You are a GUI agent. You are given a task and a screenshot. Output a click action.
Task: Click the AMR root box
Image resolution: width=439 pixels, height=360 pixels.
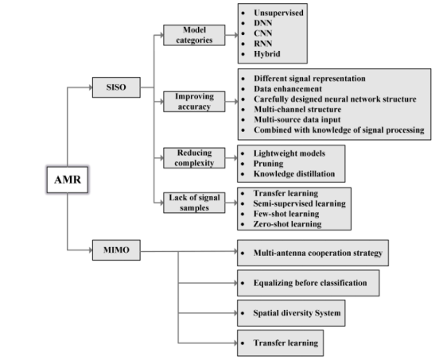pyautogui.click(x=68, y=180)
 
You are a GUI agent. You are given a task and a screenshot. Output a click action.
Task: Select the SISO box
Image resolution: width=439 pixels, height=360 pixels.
pyautogui.click(x=116, y=87)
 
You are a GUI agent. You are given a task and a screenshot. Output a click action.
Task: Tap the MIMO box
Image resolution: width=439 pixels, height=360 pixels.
pyautogui.click(x=116, y=250)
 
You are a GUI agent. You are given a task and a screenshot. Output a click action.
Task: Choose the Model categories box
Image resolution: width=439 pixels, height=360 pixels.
pyautogui.click(x=194, y=35)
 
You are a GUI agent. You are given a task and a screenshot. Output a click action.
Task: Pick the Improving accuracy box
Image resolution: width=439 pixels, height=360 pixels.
pyautogui.click(x=194, y=101)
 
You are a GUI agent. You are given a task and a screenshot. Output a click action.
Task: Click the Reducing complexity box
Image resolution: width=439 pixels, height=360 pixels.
pyautogui.click(x=194, y=158)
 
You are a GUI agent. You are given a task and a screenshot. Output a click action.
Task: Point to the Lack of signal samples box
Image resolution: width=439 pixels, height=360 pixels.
pyautogui.click(x=194, y=203)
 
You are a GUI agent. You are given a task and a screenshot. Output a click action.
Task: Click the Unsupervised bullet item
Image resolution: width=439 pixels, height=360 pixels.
pyautogui.click(x=278, y=13)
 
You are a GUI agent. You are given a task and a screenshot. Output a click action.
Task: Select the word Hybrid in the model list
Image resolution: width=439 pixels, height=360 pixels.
pyautogui.click(x=266, y=54)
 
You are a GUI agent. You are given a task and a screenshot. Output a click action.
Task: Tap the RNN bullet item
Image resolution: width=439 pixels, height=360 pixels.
pyautogui.click(x=263, y=44)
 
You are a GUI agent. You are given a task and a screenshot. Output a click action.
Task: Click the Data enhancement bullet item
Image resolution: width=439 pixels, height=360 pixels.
pyautogui.click(x=288, y=89)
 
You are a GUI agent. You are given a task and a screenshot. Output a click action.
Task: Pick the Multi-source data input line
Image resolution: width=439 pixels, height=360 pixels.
pyautogui.click(x=297, y=120)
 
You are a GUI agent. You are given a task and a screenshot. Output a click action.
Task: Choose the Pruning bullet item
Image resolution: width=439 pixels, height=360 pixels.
pyautogui.click(x=268, y=164)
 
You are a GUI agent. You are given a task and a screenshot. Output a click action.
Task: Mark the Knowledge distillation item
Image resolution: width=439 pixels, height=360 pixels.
pyautogui.click(x=294, y=174)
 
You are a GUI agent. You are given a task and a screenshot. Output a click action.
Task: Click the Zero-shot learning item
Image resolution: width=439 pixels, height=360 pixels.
pyautogui.click(x=287, y=224)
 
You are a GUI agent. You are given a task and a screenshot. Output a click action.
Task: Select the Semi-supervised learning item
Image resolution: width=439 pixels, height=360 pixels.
pyautogui.click(x=299, y=203)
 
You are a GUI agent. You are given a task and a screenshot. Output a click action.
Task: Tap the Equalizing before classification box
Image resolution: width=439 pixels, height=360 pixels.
pyautogui.click(x=309, y=283)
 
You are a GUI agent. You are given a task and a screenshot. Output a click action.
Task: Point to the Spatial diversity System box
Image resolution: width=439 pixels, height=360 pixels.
pyautogui.click(x=291, y=313)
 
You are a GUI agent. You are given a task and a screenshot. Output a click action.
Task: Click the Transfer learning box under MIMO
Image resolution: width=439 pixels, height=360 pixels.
pyautogui.click(x=280, y=343)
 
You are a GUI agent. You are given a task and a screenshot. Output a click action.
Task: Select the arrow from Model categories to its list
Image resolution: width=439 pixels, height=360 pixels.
pyautogui.click(x=231, y=35)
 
